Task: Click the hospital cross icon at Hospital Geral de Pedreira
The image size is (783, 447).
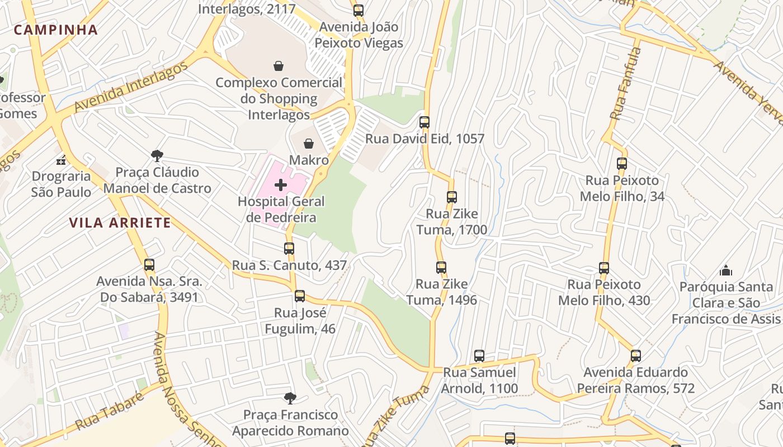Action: [x=281, y=185]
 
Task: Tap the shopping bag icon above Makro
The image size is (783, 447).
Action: [x=308, y=144]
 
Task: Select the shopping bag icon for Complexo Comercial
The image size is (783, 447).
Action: [x=279, y=66]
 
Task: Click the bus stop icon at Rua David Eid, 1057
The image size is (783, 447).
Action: [x=424, y=122]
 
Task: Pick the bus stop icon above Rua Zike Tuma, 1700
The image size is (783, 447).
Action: [x=452, y=197]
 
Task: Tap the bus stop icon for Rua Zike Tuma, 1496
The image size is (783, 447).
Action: [x=441, y=267]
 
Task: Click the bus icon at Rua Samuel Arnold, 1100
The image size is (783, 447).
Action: [x=479, y=355]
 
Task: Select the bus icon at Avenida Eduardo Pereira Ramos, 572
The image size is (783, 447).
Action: [x=636, y=355]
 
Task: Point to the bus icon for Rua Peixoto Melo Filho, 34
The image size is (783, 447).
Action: [x=622, y=164]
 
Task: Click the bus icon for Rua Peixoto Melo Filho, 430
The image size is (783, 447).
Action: [x=604, y=268]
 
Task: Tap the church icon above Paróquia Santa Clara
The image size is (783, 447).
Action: [x=726, y=270]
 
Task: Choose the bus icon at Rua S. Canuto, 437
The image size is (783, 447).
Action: [x=289, y=248]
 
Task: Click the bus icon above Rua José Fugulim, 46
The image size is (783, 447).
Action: [x=300, y=296]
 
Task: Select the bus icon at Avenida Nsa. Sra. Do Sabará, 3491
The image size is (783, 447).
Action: [x=149, y=264]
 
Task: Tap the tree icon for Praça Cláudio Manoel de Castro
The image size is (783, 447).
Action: [x=157, y=155]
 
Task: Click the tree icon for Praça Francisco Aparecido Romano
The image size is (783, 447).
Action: [x=290, y=398]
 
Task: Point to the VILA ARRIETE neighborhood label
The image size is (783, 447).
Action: [x=120, y=223]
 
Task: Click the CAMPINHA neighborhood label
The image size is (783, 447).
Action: [x=56, y=30]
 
